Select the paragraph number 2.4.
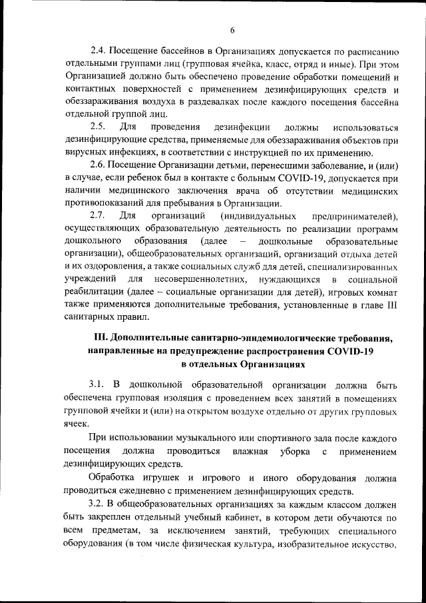99,51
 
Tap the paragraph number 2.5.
99,127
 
